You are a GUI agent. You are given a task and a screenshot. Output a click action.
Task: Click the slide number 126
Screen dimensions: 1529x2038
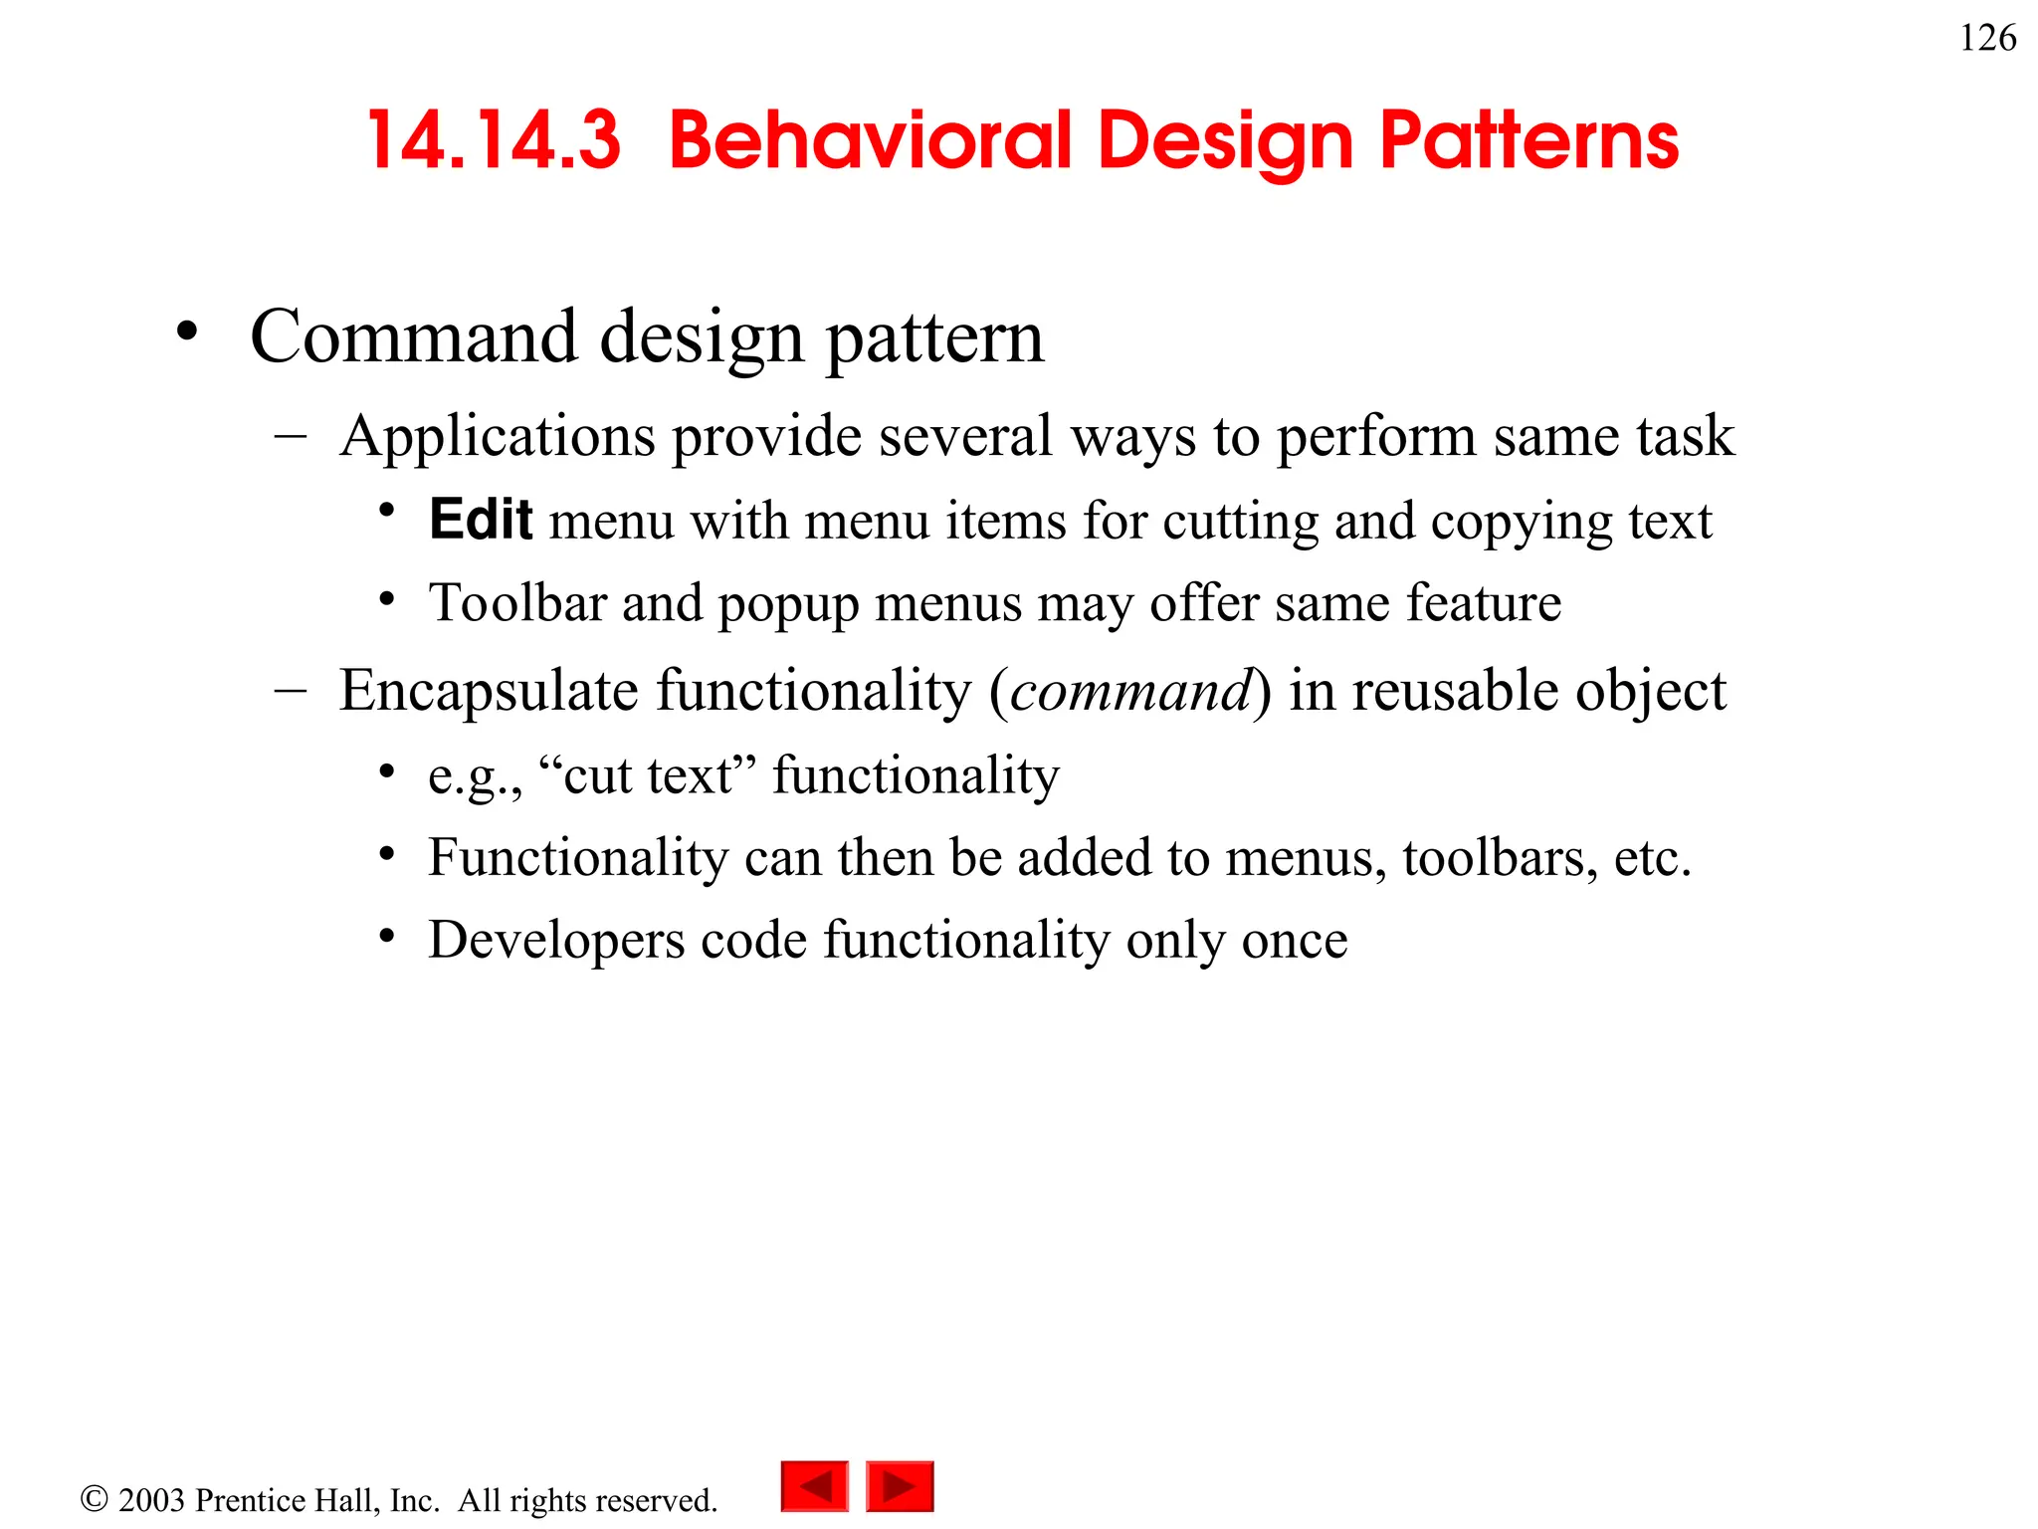(x=1987, y=39)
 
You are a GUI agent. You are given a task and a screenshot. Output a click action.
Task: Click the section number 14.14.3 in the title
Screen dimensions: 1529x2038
(x=494, y=141)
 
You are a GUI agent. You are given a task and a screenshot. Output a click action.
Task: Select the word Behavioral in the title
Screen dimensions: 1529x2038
(x=871, y=141)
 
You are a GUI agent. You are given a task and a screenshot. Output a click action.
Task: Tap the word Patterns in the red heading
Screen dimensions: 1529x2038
(x=1529, y=141)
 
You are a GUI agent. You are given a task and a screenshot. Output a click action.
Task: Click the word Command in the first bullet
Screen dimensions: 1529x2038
(x=413, y=336)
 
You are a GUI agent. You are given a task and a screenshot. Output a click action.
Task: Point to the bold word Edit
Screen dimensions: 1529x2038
(x=481, y=520)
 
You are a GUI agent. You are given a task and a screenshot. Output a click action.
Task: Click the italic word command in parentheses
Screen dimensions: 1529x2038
(x=1130, y=691)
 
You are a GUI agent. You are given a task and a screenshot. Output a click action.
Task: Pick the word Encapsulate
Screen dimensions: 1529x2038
(x=488, y=691)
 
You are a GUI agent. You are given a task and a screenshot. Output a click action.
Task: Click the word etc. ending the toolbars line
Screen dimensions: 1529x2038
(x=1652, y=858)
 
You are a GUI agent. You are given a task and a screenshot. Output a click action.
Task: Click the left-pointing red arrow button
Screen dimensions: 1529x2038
(x=815, y=1486)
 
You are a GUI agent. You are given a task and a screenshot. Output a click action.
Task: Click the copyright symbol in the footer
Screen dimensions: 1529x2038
(x=94, y=1499)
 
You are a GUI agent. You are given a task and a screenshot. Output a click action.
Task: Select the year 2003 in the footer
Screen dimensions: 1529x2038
(x=151, y=1500)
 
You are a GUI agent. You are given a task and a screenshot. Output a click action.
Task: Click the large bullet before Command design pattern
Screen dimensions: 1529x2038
(x=187, y=332)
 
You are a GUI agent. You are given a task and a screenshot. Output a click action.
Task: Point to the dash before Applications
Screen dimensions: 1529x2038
(x=290, y=436)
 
